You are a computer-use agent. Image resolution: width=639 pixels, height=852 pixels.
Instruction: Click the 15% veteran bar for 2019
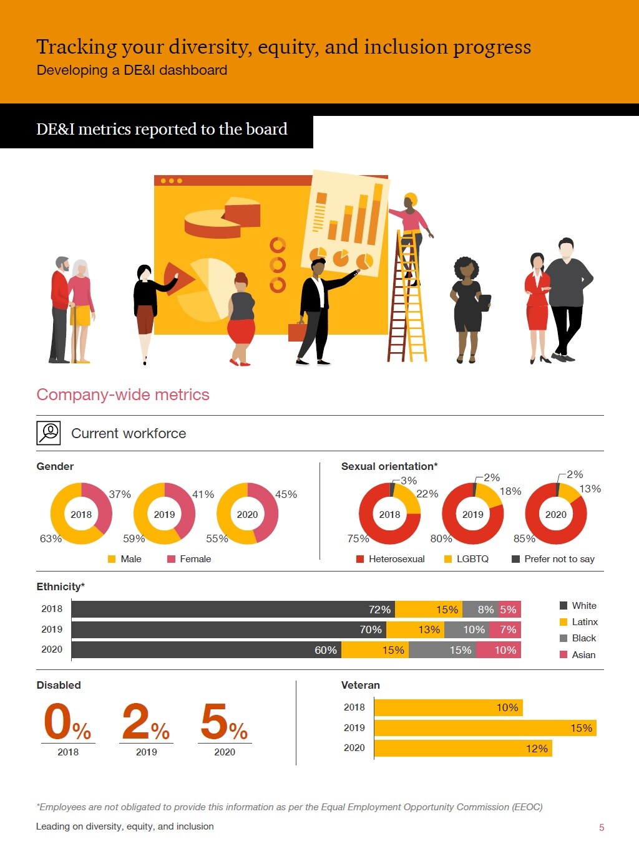point(485,728)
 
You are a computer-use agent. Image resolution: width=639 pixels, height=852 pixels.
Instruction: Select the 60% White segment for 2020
point(207,650)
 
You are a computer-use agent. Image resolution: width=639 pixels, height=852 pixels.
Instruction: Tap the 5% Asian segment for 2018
point(509,610)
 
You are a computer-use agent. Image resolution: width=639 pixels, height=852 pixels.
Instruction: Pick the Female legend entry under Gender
point(190,559)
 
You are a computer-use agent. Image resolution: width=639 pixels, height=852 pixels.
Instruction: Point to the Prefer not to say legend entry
point(554,559)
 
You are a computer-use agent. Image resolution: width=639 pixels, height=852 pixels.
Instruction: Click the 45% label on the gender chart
point(286,494)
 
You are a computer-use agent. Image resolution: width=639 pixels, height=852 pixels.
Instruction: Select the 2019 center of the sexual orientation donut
point(472,514)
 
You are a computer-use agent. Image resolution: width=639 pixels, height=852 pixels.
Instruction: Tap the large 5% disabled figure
point(223,723)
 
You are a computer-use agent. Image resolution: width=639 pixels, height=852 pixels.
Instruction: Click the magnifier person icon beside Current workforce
point(49,433)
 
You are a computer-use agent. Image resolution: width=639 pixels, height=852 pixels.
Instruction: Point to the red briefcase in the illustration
point(296,332)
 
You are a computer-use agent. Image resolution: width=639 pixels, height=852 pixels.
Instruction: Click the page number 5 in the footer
point(602,828)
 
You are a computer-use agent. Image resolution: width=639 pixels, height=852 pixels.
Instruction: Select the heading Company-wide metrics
point(123,395)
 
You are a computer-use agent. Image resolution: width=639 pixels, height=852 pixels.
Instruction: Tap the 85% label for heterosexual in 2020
point(524,538)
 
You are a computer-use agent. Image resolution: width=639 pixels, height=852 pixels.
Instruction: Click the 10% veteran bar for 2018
point(448,707)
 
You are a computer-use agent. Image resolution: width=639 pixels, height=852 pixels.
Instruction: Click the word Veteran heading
point(360,685)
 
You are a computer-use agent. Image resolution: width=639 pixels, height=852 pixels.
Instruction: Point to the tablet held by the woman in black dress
point(484,302)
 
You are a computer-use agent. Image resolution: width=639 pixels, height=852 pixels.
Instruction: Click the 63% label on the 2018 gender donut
point(51,538)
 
